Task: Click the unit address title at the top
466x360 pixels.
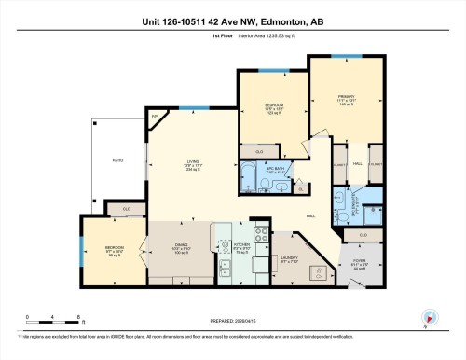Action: point(233,19)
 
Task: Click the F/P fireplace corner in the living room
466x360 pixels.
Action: point(156,118)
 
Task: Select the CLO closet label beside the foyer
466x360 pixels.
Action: point(363,235)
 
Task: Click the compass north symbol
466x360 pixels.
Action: point(430,319)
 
